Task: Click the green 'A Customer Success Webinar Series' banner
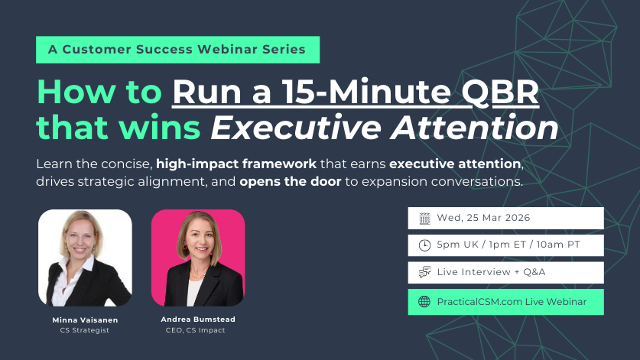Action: [x=177, y=50]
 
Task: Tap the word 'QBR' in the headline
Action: [x=500, y=92]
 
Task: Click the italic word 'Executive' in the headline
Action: [x=296, y=128]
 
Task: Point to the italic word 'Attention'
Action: [x=474, y=128]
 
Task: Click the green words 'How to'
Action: [x=99, y=92]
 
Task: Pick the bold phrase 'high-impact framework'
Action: [x=236, y=164]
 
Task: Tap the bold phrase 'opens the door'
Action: [x=291, y=181]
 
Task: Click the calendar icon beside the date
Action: [x=424, y=219]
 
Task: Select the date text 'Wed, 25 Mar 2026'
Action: [x=483, y=218]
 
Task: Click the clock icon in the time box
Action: [x=424, y=245]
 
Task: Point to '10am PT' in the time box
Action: [x=558, y=245]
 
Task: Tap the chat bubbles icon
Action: [x=424, y=272]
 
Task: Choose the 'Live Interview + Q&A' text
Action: [x=491, y=272]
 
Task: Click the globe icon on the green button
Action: [x=424, y=302]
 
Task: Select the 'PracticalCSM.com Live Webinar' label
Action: [x=512, y=302]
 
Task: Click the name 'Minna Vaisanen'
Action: [x=85, y=320]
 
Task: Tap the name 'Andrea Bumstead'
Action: [x=198, y=319]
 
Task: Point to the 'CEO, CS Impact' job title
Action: [x=195, y=330]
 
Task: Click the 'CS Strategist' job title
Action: [x=84, y=330]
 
